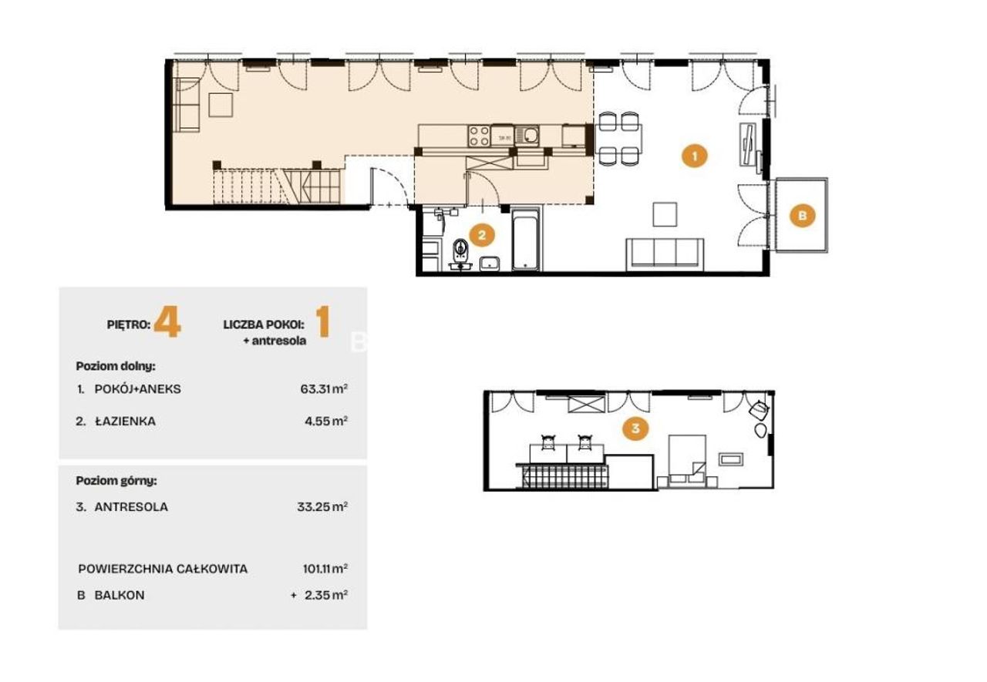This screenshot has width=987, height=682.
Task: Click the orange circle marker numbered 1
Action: click(x=694, y=156)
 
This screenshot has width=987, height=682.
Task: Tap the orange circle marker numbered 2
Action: click(x=482, y=235)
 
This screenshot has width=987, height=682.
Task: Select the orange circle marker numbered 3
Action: click(x=635, y=428)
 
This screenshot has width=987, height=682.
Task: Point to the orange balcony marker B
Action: click(x=802, y=216)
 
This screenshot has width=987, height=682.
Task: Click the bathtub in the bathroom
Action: click(x=525, y=239)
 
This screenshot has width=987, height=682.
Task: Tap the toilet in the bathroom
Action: click(x=461, y=254)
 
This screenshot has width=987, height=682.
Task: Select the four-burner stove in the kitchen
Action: click(x=479, y=136)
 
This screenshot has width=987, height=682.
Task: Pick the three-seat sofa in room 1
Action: click(x=665, y=254)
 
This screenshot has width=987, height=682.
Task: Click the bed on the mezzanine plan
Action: click(x=687, y=462)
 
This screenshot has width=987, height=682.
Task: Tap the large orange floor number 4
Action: click(x=167, y=322)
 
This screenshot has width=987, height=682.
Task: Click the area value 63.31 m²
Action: click(x=324, y=389)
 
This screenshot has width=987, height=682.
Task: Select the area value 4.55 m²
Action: click(x=326, y=422)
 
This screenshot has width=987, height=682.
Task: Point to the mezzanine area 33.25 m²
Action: click(x=322, y=507)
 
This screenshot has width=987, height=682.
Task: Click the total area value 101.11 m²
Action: click(x=325, y=569)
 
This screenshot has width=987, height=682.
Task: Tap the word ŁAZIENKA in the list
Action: click(x=126, y=422)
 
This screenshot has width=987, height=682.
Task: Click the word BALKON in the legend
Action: click(x=120, y=595)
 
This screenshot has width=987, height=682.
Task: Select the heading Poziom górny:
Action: click(x=116, y=481)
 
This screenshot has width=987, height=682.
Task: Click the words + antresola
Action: click(x=275, y=341)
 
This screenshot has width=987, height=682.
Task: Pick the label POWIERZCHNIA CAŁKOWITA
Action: click(x=163, y=569)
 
